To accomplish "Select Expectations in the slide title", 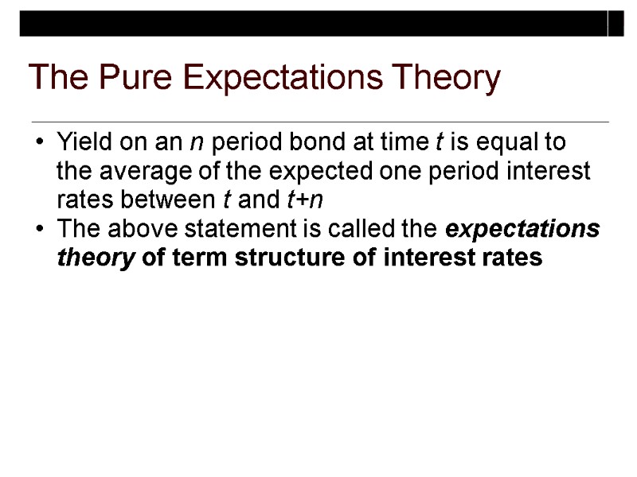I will pyautogui.click(x=273, y=78).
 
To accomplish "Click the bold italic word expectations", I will pyautogui.click(x=523, y=229).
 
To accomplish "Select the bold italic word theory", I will pyautogui.click(x=95, y=258).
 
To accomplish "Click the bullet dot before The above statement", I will pyautogui.click(x=40, y=230).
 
